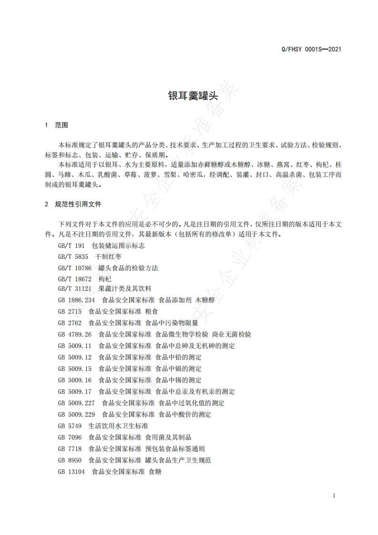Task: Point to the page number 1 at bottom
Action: [x=334, y=495]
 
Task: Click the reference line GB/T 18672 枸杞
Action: [x=84, y=278]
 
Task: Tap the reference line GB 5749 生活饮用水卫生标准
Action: [x=103, y=426]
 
